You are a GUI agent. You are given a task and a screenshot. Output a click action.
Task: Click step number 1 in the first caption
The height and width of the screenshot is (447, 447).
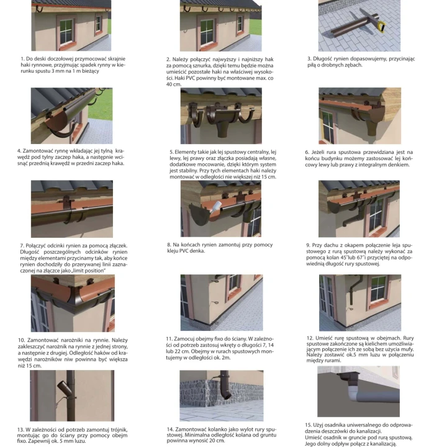(x=22, y=59)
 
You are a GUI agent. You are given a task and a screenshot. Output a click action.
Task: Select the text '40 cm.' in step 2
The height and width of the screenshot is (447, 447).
(x=174, y=84)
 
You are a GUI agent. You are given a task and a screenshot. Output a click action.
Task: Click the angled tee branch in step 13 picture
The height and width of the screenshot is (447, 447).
(x=63, y=386)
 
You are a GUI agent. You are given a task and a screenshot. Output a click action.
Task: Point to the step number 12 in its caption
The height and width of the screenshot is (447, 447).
(x=310, y=338)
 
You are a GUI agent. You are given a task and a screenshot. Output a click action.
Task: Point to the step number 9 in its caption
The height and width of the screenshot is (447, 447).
(x=308, y=245)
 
